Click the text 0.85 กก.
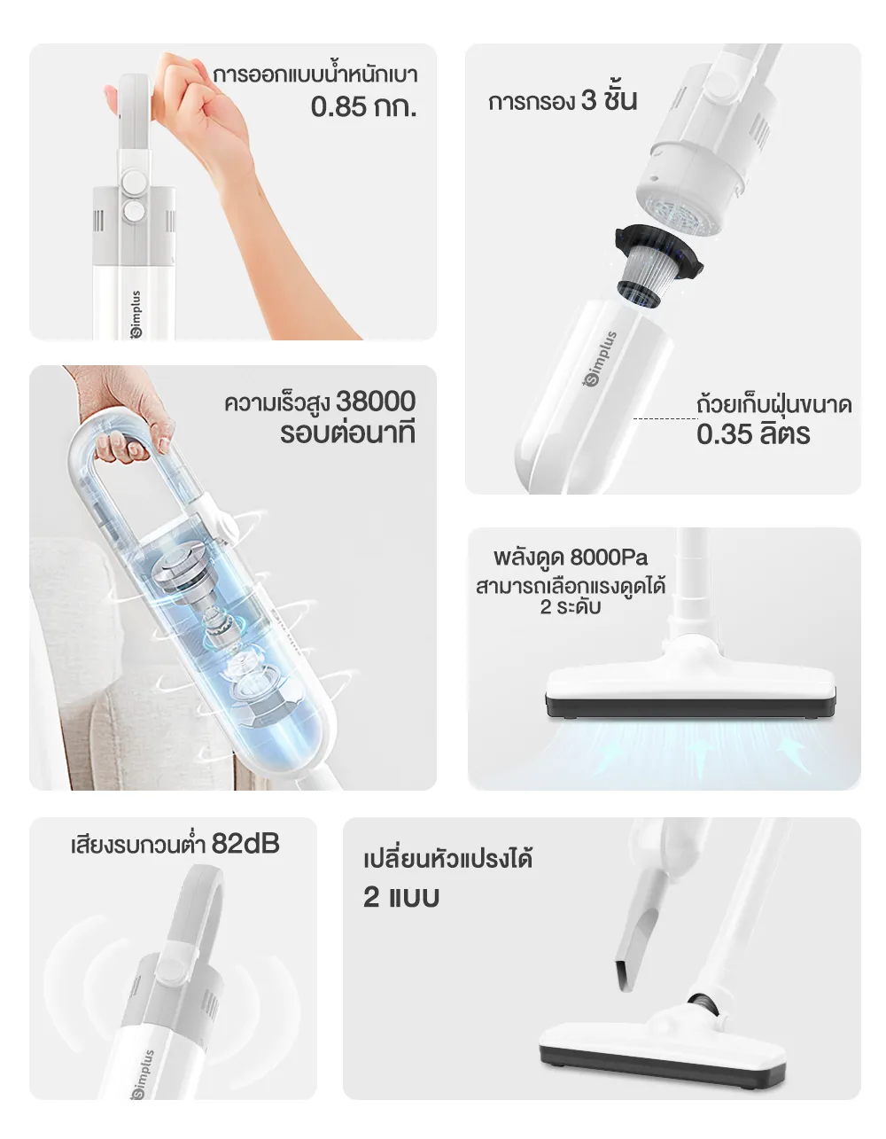363,106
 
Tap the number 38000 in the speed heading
375,402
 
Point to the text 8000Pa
609,557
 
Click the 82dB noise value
245,843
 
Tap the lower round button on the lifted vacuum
134,211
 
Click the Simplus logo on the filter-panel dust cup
601,358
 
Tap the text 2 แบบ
400,897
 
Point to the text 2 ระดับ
570,607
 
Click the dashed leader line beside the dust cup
664,418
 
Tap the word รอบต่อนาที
347,433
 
